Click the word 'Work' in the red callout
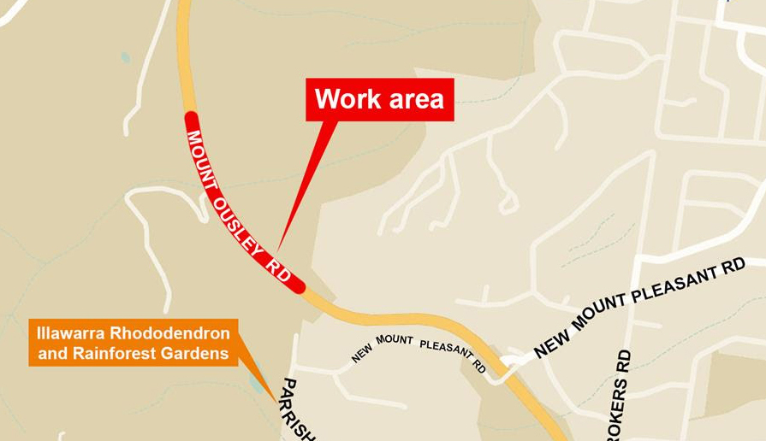point(347,99)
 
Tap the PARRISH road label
point(297,410)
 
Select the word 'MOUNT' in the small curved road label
point(394,340)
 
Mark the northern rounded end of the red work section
point(189,117)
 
